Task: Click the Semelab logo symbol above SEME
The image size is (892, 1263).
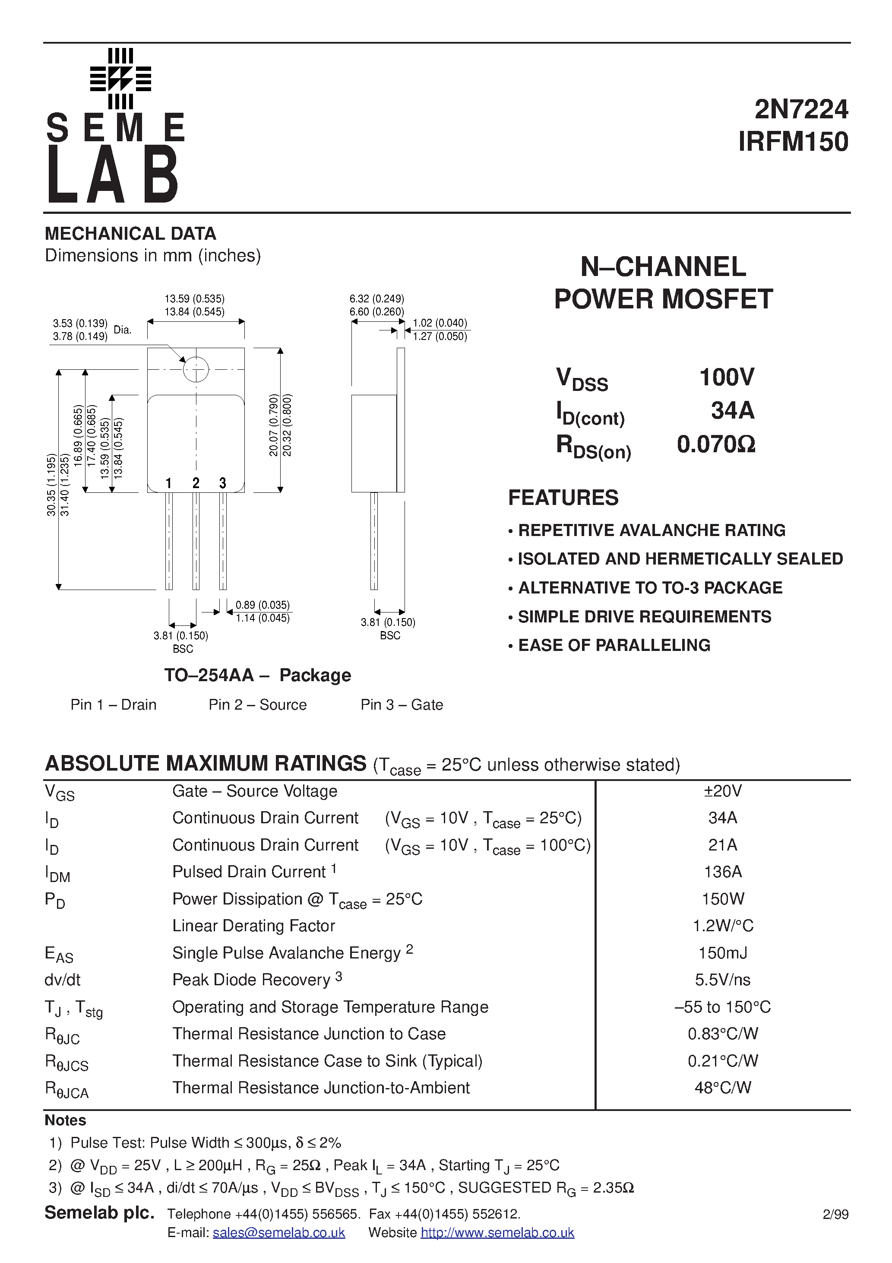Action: (x=120, y=79)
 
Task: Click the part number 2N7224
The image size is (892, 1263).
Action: (x=801, y=109)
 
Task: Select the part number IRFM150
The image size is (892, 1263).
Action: (x=793, y=142)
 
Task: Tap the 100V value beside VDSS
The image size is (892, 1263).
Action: (x=727, y=378)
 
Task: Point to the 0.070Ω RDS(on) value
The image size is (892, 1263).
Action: (x=716, y=444)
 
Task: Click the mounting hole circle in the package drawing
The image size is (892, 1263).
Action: (x=196, y=369)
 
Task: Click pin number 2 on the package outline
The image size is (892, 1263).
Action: (x=196, y=483)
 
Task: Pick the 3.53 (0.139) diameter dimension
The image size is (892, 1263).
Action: (x=80, y=324)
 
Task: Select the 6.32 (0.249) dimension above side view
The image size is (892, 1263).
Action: (x=377, y=299)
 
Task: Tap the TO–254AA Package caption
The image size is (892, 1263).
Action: (x=257, y=675)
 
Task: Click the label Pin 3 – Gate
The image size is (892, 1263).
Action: (x=402, y=704)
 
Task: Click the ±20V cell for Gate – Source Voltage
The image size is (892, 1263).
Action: (x=723, y=791)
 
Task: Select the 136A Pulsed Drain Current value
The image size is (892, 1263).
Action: (x=723, y=872)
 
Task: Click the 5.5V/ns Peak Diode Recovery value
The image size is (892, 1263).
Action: (x=723, y=980)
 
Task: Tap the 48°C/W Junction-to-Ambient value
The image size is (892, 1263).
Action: (x=723, y=1088)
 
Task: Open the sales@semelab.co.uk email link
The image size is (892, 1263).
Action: (x=279, y=1233)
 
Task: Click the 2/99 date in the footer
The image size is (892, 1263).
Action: (x=835, y=1215)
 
